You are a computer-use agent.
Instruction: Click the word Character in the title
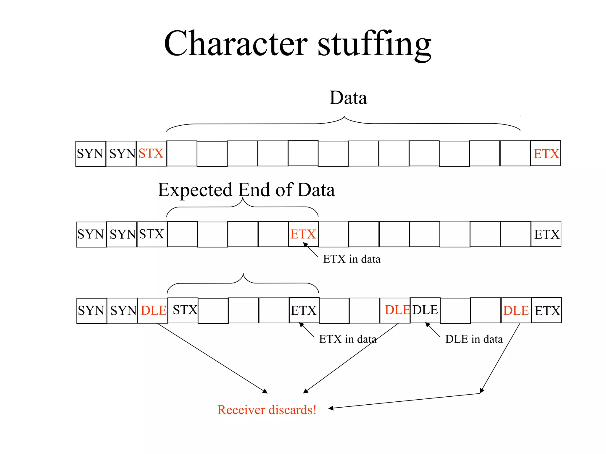(x=236, y=44)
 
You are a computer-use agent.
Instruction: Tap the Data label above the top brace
(x=348, y=98)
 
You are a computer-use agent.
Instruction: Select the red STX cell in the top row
(x=151, y=153)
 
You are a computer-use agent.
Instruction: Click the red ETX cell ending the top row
(x=546, y=153)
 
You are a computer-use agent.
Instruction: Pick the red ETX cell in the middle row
(x=303, y=234)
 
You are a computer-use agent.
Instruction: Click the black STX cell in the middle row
(x=151, y=234)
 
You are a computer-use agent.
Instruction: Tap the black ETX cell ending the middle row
(x=546, y=234)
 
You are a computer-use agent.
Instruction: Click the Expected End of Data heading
(x=246, y=190)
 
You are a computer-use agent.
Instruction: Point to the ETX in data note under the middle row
(x=352, y=259)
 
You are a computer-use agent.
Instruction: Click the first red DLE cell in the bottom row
(x=153, y=310)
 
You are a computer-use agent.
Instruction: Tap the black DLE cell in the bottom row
(x=425, y=310)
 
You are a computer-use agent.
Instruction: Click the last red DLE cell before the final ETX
(x=516, y=310)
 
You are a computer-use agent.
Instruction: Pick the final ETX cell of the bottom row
(x=547, y=310)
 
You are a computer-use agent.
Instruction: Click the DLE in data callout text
(x=474, y=339)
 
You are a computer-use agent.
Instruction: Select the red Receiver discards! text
(x=267, y=410)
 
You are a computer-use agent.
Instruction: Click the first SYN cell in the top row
(x=91, y=153)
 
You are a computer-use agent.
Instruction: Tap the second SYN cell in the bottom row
(x=122, y=310)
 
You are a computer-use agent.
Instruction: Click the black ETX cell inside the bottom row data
(x=304, y=310)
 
